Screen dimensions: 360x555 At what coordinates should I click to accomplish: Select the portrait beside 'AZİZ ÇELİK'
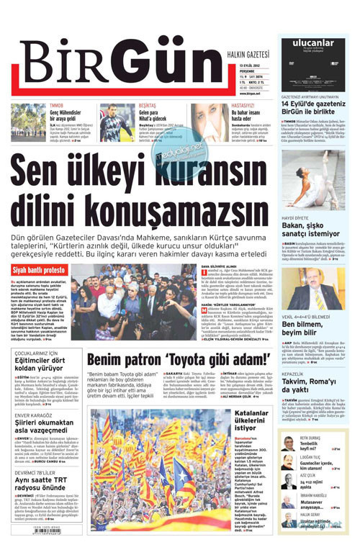point(288,481)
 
